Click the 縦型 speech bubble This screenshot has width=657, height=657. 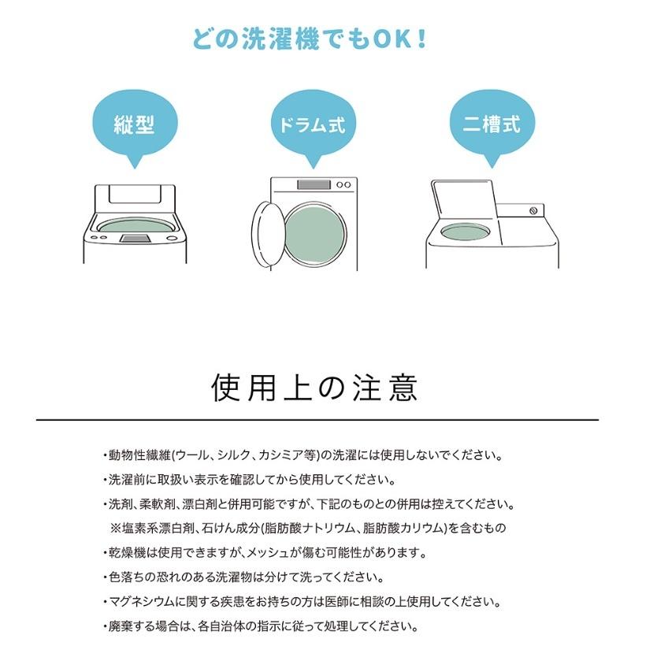[x=134, y=125]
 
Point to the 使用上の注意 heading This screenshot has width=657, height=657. [x=315, y=388]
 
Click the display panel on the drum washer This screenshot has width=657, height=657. [x=313, y=186]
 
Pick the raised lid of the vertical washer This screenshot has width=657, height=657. [x=135, y=197]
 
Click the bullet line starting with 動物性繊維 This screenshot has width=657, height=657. [x=303, y=455]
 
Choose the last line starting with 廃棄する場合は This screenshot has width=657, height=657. [x=260, y=627]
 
